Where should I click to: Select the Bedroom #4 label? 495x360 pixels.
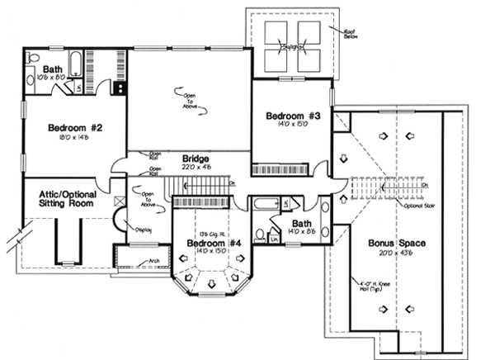[206, 245]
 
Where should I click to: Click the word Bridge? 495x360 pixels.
[195, 159]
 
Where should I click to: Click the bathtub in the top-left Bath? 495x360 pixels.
[74, 63]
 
